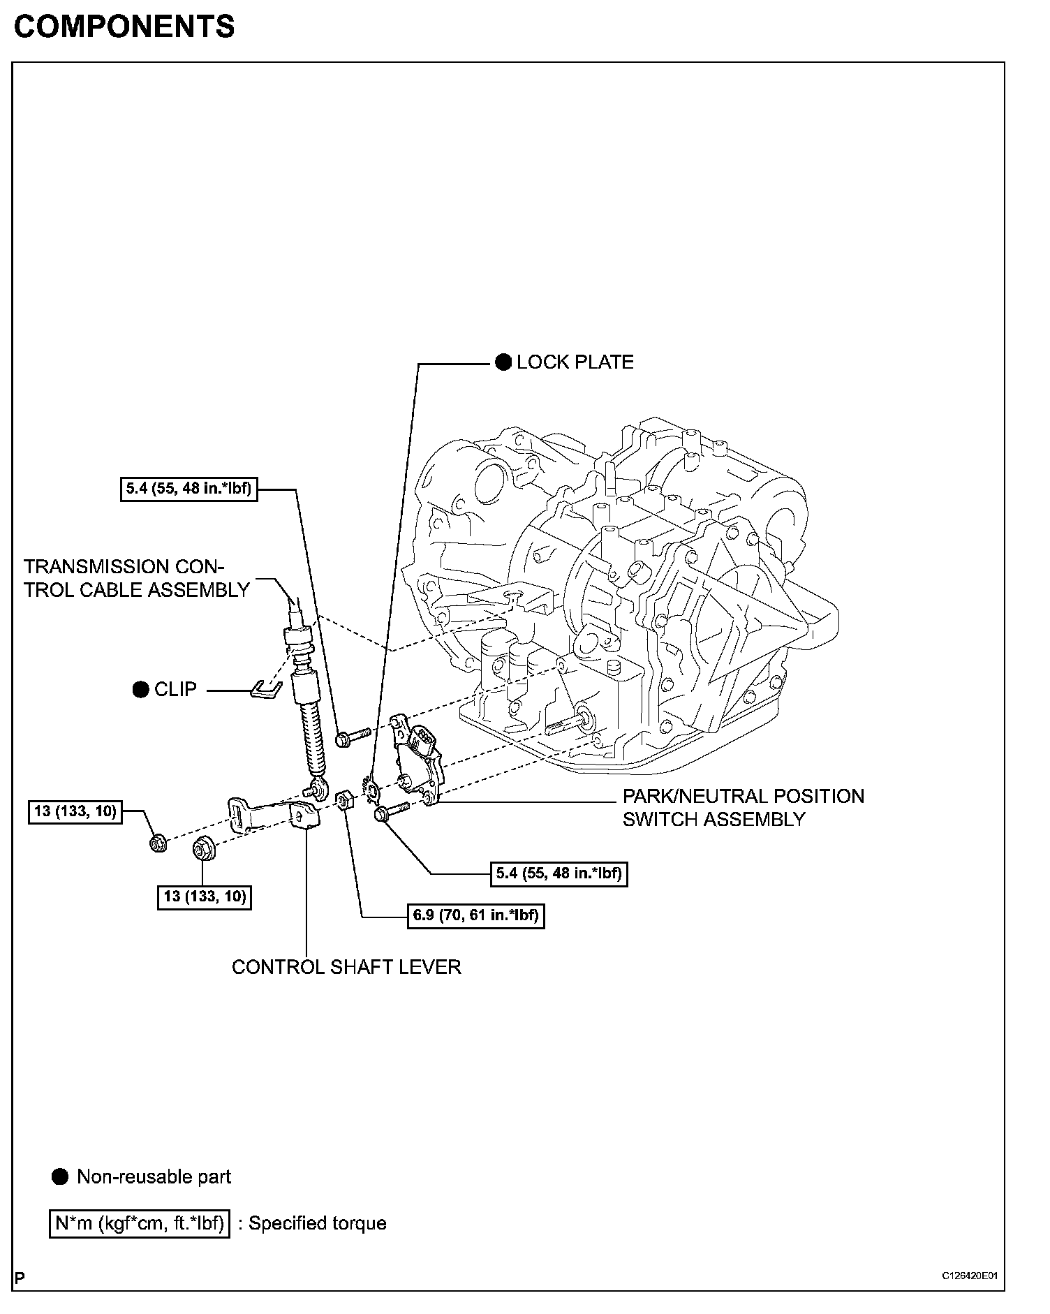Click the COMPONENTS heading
pos(124,27)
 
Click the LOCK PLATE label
pos(575,362)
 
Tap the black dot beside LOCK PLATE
pos(503,362)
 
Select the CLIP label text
pos(175,689)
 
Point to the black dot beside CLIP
pos(140,689)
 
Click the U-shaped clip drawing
pos(266,688)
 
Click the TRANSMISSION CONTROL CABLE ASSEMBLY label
pos(136,578)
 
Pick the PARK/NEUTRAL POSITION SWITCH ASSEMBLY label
pos(743,807)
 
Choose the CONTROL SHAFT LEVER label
pos(346,967)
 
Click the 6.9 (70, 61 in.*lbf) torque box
pos(475,915)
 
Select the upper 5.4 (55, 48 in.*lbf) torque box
pos(188,489)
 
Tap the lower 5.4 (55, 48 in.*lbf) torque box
pos(559,873)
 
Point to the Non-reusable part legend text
pos(154,1176)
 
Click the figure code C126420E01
pos(970,1276)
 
